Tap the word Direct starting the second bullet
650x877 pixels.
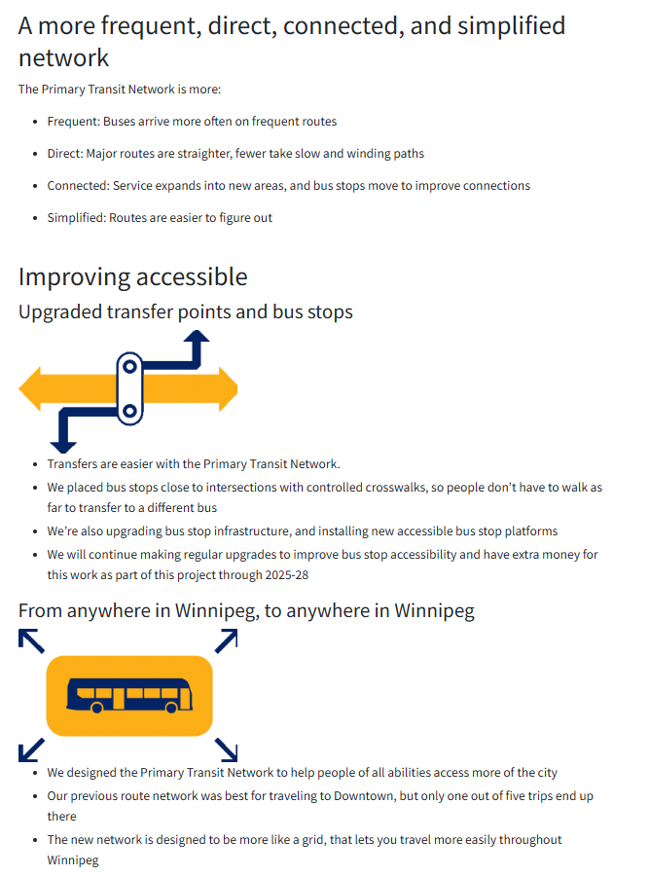[64, 154]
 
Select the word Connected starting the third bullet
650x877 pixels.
[78, 186]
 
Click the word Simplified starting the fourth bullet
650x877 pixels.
[76, 218]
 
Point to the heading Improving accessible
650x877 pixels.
[132, 276]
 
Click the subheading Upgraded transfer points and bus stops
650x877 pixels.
[185, 312]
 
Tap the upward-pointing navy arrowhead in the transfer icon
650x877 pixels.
[198, 338]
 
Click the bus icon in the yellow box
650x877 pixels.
[128, 696]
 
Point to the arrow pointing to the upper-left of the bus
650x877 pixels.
[30, 640]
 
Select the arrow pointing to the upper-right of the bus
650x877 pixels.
[227, 640]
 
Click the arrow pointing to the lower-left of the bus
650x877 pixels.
[30, 749]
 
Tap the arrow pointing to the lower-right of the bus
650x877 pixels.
[227, 749]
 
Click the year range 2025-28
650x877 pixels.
[290, 574]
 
